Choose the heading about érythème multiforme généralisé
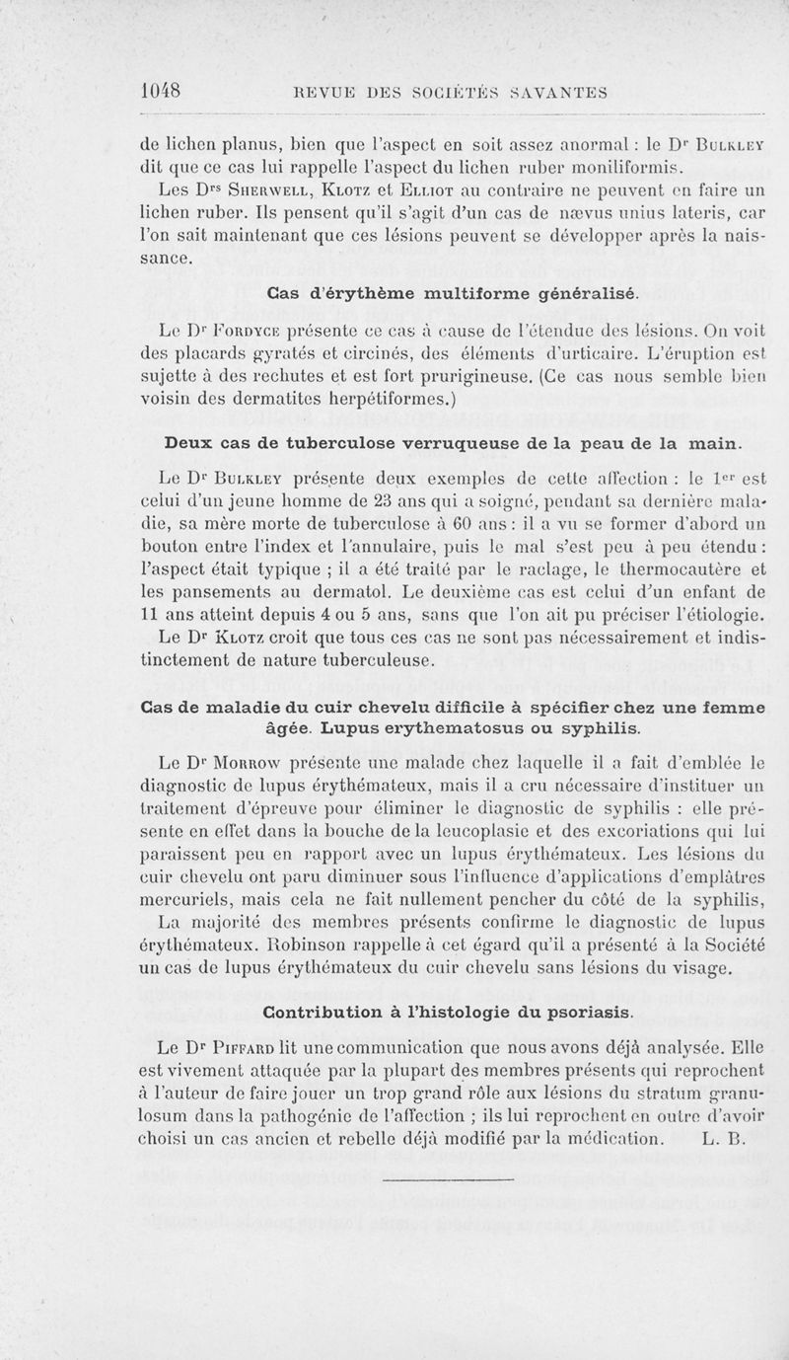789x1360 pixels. click(455, 292)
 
